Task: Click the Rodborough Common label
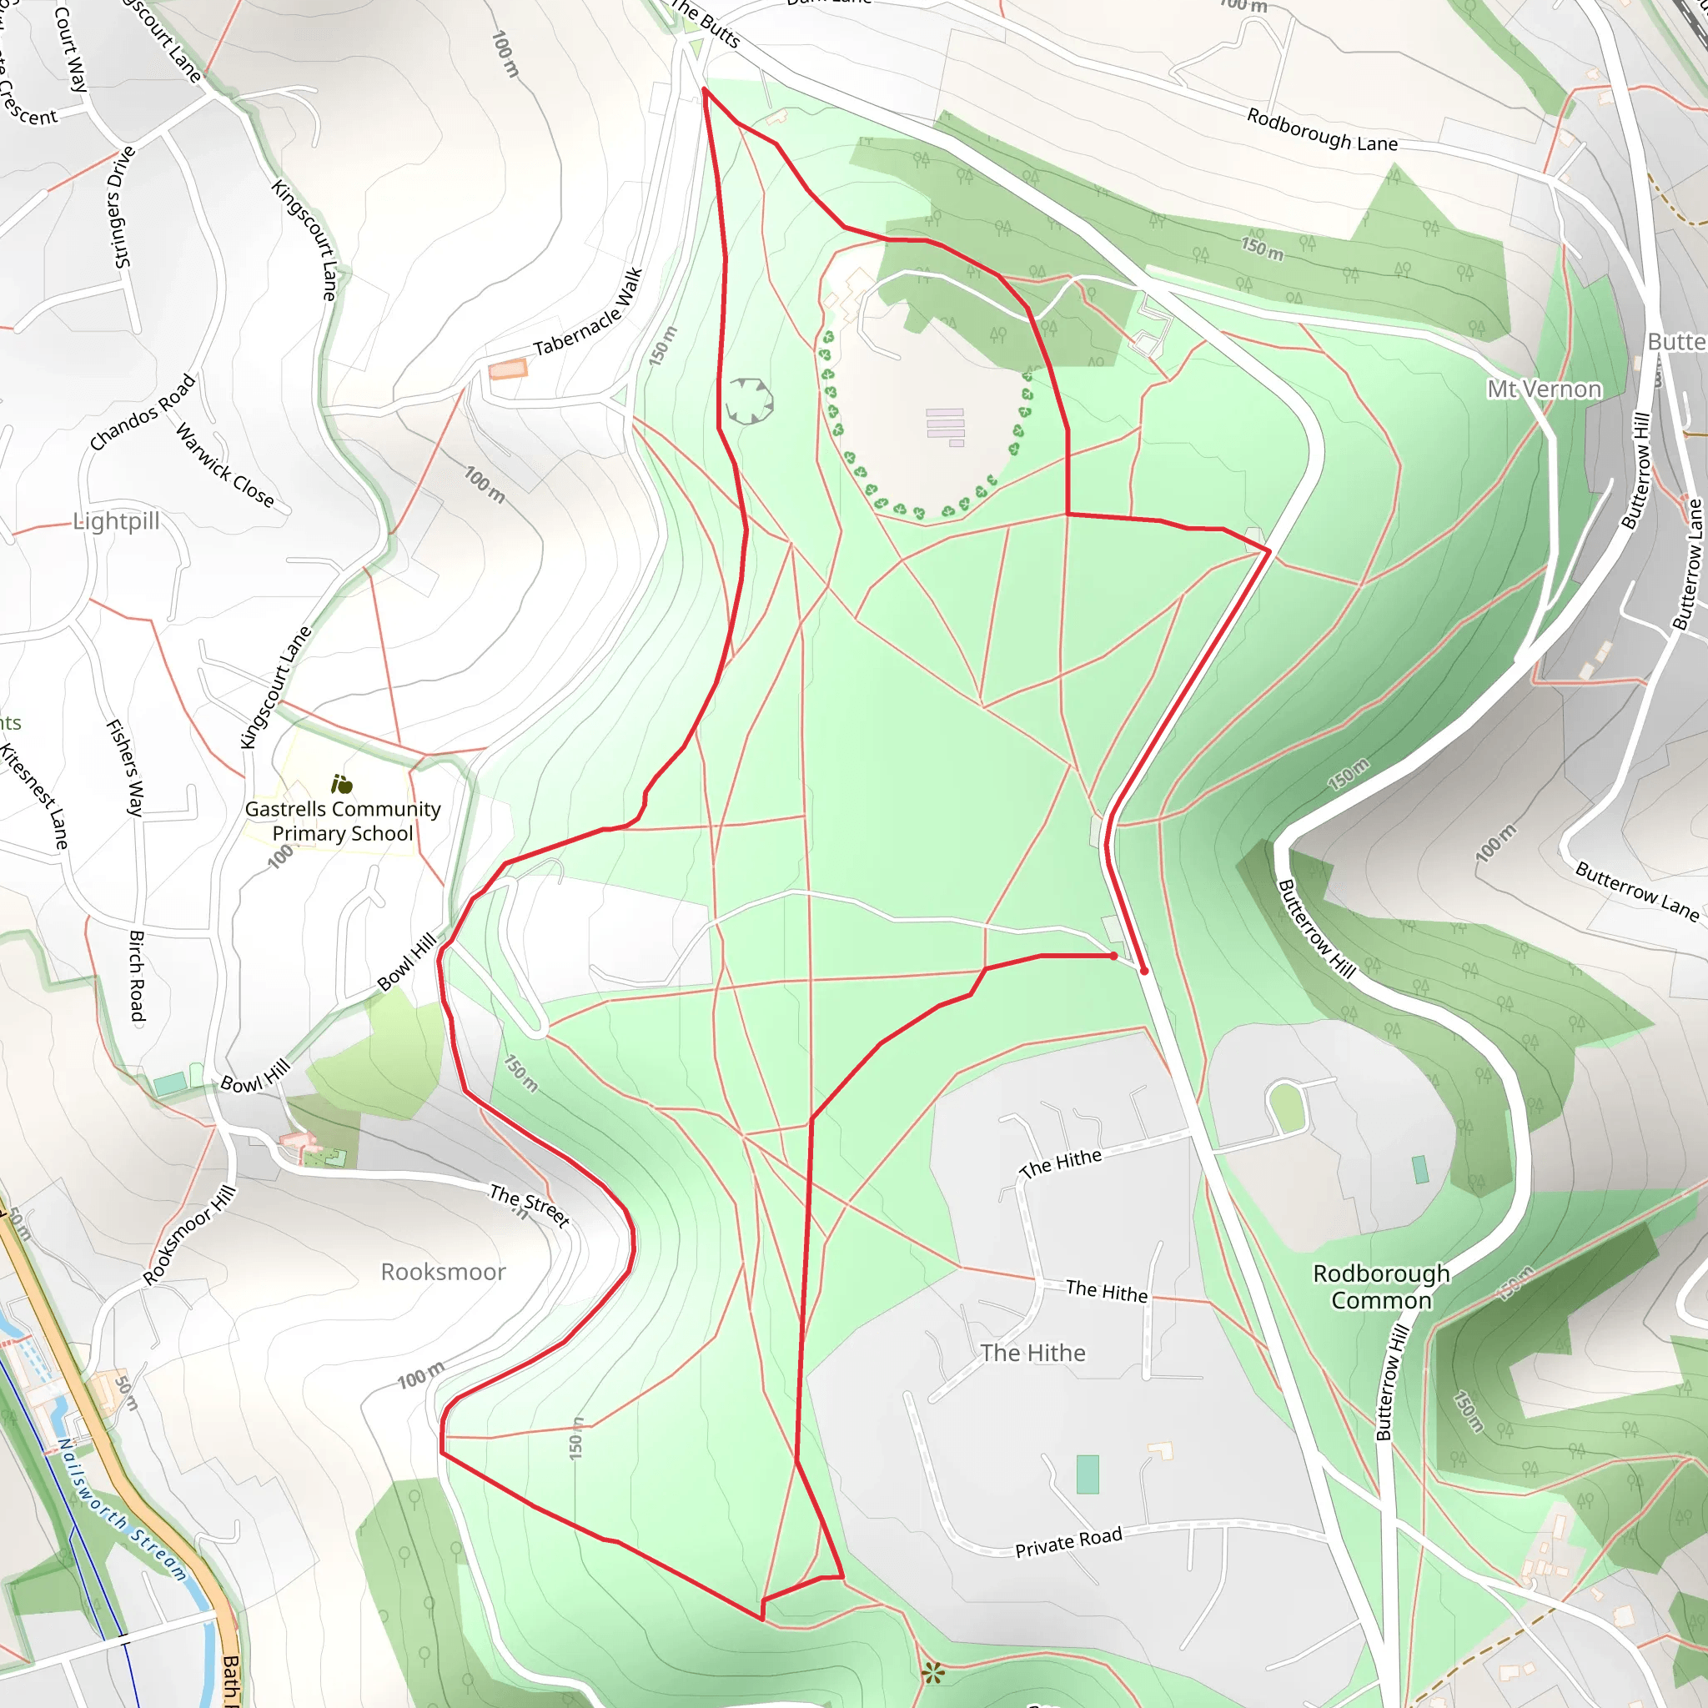tap(1381, 1286)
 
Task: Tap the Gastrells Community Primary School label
tap(342, 821)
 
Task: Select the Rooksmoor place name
tap(443, 1271)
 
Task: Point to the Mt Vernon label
tap(1544, 389)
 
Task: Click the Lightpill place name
tap(117, 520)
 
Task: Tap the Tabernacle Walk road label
tap(588, 312)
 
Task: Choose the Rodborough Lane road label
tap(1322, 130)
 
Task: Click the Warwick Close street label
tap(224, 466)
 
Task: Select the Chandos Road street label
tap(143, 412)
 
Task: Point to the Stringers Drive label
tap(123, 207)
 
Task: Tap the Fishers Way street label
tap(126, 766)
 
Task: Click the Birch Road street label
tap(137, 975)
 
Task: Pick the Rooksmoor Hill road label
tap(190, 1234)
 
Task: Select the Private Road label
tap(1068, 1542)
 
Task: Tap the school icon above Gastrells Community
tap(341, 784)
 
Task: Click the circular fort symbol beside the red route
tap(749, 400)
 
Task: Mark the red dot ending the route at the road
tap(1144, 971)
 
